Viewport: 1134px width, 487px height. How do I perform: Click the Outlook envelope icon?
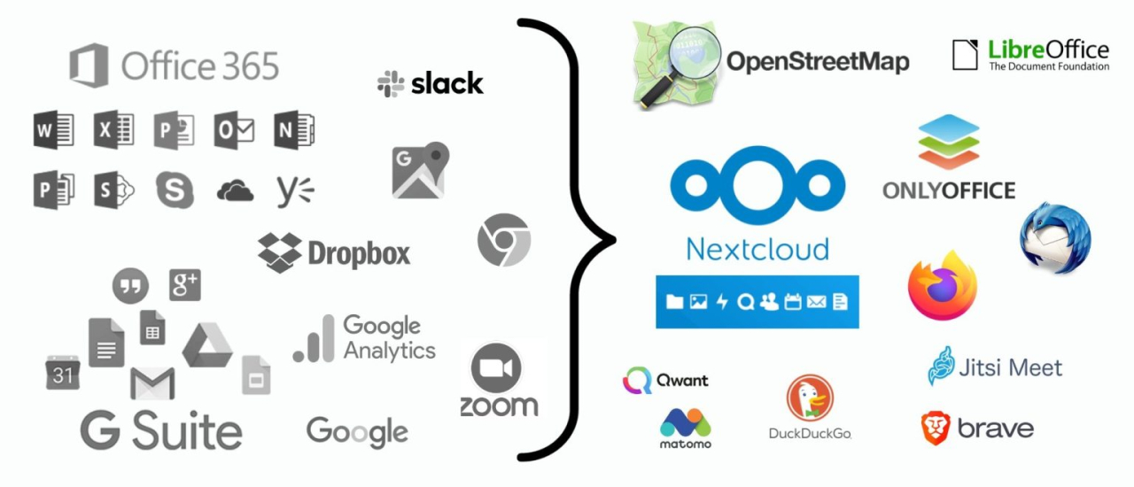(235, 131)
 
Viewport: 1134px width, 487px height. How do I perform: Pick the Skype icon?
(175, 189)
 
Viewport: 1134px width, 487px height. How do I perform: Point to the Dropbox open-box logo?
(280, 253)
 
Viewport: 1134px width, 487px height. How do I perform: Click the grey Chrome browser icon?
(503, 241)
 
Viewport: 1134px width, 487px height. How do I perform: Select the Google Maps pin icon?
(420, 170)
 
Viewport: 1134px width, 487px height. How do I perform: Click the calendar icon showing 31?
(63, 372)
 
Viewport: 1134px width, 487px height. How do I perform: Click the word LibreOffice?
(1048, 49)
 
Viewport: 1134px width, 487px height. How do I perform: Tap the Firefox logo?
(943, 286)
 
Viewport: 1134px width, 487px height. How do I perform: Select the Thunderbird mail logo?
(1055, 238)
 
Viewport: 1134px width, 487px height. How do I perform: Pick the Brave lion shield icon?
(935, 429)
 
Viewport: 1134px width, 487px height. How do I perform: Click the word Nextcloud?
(757, 248)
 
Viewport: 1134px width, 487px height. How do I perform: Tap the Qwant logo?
(638, 381)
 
